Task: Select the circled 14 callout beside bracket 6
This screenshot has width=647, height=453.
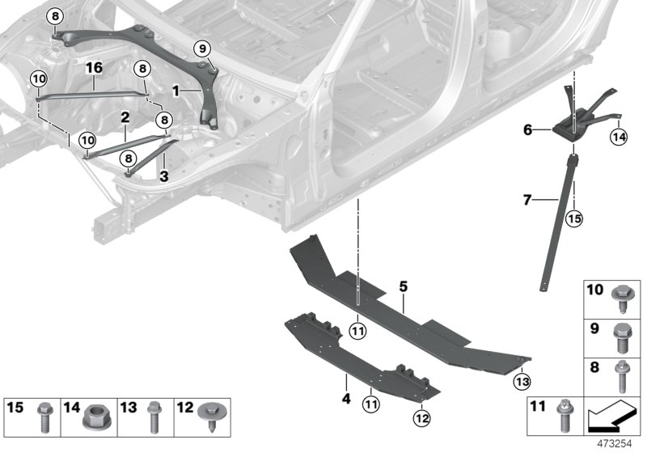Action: pyautogui.click(x=618, y=138)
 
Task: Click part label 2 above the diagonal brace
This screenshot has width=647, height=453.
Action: pyautogui.click(x=125, y=118)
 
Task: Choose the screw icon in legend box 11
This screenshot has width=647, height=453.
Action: pyautogui.click(x=562, y=420)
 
